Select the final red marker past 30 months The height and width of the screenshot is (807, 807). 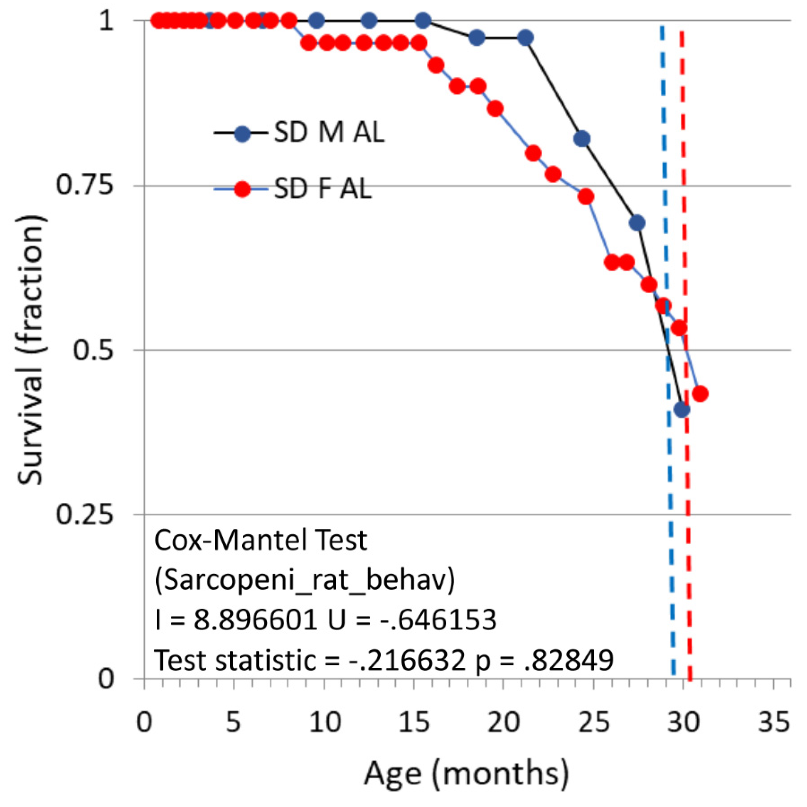(700, 393)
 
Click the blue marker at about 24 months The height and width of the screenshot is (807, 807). (582, 138)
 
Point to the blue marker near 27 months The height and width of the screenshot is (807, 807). (637, 223)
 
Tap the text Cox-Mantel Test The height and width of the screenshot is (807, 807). (261, 541)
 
